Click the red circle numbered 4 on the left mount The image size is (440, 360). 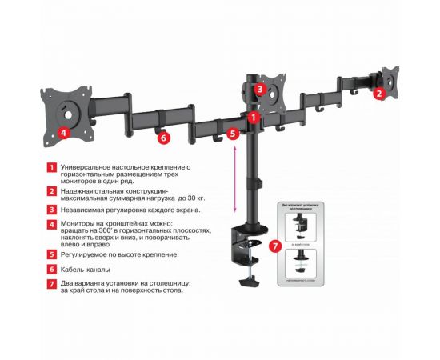(62, 133)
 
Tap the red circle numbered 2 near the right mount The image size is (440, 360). (380, 93)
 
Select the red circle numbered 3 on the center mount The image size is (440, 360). (260, 90)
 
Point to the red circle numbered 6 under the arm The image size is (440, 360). (163, 138)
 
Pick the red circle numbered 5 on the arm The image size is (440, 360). (233, 134)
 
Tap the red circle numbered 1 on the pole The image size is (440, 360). (253, 118)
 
